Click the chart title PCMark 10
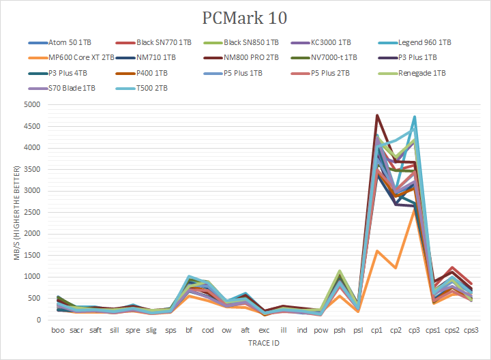click(245, 17)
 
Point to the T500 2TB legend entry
click(151, 88)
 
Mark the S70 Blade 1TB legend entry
click(70, 88)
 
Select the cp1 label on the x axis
click(377, 331)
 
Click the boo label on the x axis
click(59, 331)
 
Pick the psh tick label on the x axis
click(339, 331)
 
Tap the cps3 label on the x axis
click(471, 331)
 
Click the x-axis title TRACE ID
click(265, 343)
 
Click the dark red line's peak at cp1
click(377, 115)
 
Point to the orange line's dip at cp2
click(396, 268)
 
